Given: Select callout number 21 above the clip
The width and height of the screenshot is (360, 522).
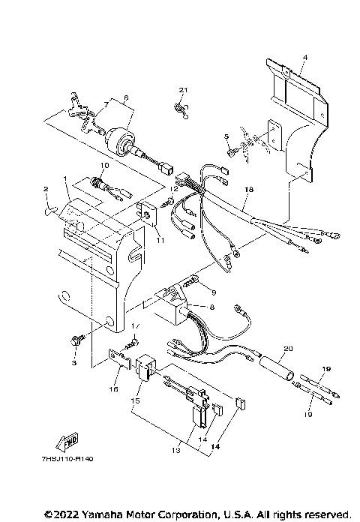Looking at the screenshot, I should point(181,90).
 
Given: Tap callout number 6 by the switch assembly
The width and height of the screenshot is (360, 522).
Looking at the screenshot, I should point(126,97).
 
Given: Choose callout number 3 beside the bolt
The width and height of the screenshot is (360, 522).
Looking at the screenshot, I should point(74,362).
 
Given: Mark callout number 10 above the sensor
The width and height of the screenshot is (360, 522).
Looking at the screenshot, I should point(106,165).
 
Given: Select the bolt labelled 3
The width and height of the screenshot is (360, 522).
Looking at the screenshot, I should point(74,341).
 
